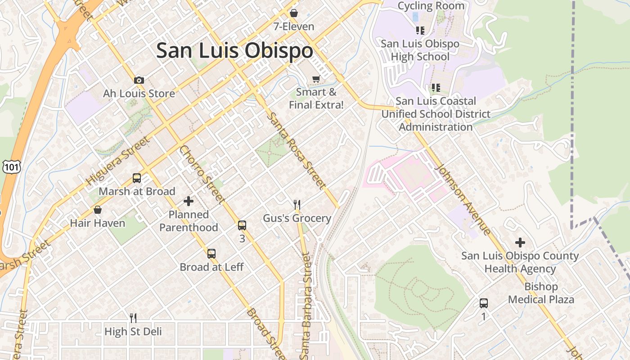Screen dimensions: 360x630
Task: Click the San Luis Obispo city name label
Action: [234, 50]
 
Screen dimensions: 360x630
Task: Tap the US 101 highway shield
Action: [9, 167]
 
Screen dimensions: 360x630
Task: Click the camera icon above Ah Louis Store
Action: [139, 81]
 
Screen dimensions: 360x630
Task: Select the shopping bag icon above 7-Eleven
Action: [294, 13]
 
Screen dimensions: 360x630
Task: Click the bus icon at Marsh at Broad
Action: [137, 178]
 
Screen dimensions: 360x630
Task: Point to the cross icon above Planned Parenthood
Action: [189, 201]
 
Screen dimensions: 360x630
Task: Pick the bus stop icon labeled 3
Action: [242, 225]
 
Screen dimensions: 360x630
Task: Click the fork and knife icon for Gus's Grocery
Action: [297, 205]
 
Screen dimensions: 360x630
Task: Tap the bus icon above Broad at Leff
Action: [211, 254]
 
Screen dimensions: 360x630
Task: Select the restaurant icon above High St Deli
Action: [133, 318]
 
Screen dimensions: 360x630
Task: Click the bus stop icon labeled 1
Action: [484, 303]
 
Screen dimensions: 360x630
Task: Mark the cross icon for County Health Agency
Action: [520, 243]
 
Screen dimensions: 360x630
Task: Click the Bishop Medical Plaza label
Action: [541, 293]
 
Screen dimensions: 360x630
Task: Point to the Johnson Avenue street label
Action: [463, 199]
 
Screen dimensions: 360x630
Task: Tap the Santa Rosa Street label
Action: [296, 151]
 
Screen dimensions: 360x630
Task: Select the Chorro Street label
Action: [202, 175]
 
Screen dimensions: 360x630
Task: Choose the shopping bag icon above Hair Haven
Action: [97, 210]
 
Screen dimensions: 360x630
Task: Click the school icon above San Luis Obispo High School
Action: [420, 31]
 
